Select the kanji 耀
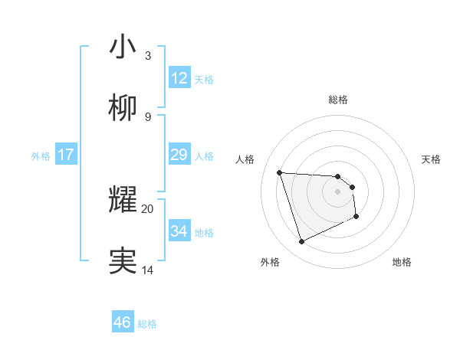[123, 199]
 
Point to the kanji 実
[123, 260]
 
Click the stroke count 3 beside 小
[148, 56]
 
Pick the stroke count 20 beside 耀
[148, 208]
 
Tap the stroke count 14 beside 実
[148, 270]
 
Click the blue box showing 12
[179, 78]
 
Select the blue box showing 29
[179, 155]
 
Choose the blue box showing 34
[179, 231]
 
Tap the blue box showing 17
[66, 155]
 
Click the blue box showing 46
[123, 322]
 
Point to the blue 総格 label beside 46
[147, 324]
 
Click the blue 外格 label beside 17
[41, 156]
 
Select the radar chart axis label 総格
[338, 100]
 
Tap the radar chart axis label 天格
[432, 159]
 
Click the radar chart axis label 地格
[402, 262]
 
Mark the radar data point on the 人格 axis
[280, 172]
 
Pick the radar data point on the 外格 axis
[301, 242]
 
